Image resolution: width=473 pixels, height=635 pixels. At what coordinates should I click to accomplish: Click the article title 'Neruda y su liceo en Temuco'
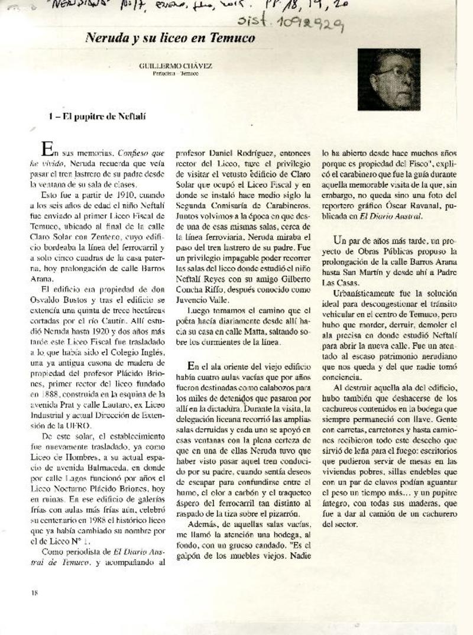pos(170,38)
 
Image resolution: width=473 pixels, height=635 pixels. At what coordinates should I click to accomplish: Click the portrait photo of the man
pos(388,79)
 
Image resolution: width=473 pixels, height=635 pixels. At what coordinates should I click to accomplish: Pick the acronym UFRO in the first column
pos(78,425)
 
